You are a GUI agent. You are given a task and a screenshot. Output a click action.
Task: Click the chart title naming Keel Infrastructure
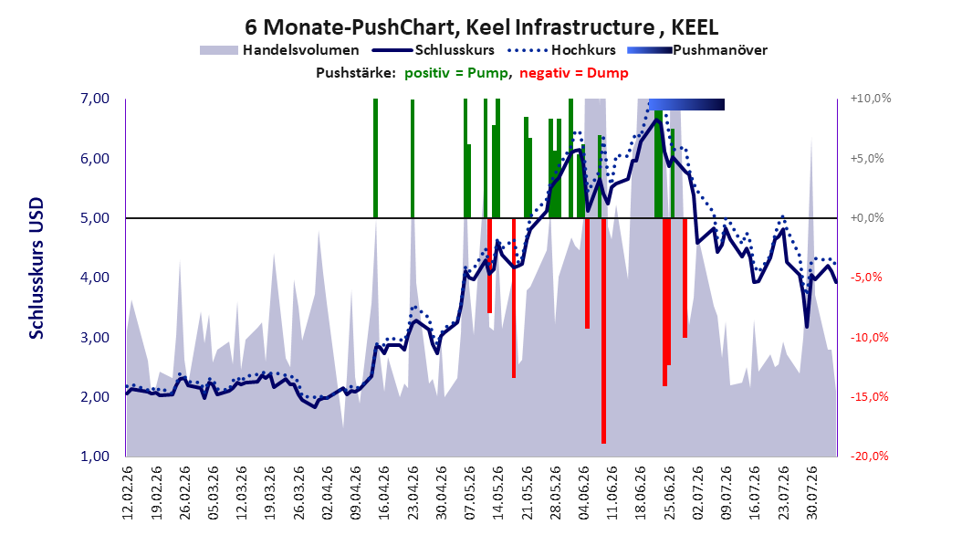[x=481, y=27]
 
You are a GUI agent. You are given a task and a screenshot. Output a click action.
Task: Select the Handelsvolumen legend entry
[x=280, y=50]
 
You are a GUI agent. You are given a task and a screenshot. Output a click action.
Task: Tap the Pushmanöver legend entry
[x=697, y=50]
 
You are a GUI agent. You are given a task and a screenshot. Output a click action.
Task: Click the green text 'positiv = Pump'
[x=456, y=73]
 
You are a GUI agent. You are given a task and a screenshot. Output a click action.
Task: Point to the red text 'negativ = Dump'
[x=574, y=73]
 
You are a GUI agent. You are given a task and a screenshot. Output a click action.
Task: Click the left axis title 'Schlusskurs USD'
[x=37, y=268]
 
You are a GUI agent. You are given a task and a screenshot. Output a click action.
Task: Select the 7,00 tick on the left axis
[x=95, y=99]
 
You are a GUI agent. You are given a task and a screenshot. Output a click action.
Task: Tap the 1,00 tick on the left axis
[x=95, y=456]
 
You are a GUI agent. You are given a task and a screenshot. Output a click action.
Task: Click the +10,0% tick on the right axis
[x=871, y=99]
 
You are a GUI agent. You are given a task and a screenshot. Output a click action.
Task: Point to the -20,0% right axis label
[x=869, y=456]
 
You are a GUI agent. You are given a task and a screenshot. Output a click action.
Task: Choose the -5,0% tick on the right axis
[x=866, y=278]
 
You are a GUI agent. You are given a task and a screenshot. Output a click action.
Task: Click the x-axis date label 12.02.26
[x=128, y=493]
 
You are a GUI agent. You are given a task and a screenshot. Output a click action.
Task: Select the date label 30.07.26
[x=811, y=493]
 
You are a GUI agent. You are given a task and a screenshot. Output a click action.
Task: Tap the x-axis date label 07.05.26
[x=470, y=493]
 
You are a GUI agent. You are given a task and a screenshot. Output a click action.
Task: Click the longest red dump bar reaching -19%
[x=603, y=330]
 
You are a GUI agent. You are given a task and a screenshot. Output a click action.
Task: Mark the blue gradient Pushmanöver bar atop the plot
[x=686, y=104]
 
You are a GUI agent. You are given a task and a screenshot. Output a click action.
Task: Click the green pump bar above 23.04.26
[x=413, y=159]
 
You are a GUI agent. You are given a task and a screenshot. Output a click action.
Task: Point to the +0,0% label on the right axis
[x=867, y=218]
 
